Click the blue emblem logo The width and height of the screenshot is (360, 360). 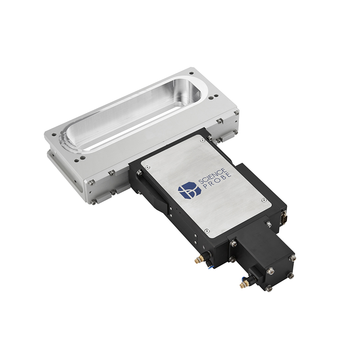pyautogui.click(x=189, y=190)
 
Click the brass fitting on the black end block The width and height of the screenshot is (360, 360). pyautogui.click(x=243, y=285)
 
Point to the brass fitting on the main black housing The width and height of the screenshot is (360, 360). pyautogui.click(x=197, y=260)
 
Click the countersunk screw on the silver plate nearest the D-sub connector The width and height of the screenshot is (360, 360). pyautogui.click(x=264, y=200)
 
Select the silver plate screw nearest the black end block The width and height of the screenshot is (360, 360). pyautogui.click(x=207, y=230)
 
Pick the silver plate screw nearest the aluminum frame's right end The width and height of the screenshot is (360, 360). pyautogui.click(x=202, y=140)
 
